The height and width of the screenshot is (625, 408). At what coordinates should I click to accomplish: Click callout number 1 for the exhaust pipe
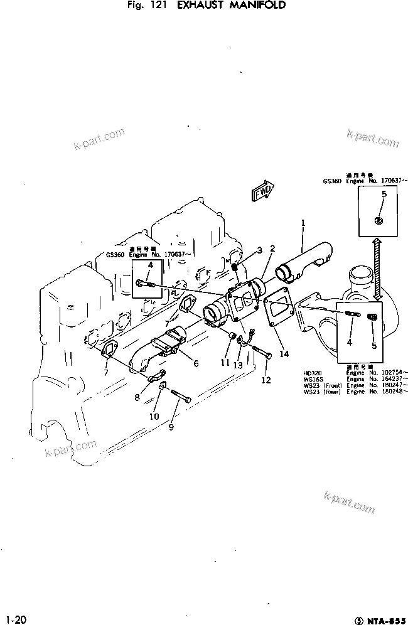pos(303,222)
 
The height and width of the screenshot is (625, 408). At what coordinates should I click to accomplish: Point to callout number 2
pos(272,248)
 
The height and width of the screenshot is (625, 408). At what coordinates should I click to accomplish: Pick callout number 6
pos(196,363)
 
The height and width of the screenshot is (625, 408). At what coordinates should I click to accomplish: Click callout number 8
pos(137,397)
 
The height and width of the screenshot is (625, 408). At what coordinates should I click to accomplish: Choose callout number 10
pos(154,416)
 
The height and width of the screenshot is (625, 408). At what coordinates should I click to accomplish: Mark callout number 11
pos(224,362)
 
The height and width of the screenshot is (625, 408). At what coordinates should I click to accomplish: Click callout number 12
pos(266,379)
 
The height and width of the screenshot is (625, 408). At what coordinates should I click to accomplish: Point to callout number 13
pos(237,365)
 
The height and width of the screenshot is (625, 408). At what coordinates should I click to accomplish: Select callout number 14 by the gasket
pos(284,354)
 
